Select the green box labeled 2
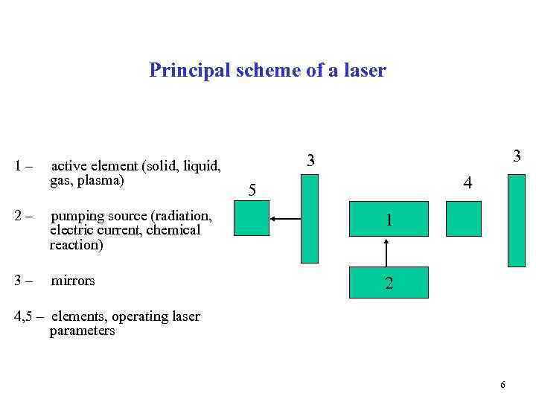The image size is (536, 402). point(387,282)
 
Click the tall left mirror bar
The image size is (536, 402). point(309,219)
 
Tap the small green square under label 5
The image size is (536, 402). point(251,219)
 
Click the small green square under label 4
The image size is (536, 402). point(464,219)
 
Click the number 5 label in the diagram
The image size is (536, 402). point(252,191)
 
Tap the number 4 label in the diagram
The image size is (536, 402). point(467,182)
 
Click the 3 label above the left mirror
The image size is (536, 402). point(312,160)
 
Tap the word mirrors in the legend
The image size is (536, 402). point(73,281)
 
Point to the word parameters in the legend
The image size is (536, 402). point(82,331)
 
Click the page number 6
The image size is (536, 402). point(502,385)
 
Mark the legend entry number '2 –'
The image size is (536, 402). point(23,217)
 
